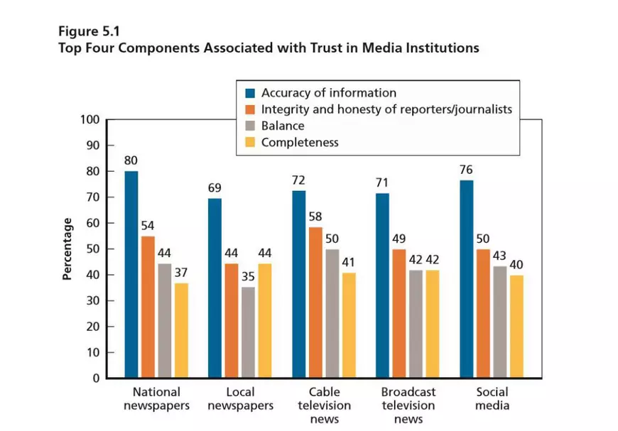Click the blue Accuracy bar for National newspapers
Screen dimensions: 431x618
131,274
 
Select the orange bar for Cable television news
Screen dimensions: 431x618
315,302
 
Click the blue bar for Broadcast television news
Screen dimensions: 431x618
383,285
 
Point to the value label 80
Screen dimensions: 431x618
131,160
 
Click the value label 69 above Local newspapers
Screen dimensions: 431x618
215,188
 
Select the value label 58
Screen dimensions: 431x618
315,217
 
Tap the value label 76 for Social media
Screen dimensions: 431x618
466,170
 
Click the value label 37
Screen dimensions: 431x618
182,273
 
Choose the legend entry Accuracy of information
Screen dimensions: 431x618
328,93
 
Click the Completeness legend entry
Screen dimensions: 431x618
299,142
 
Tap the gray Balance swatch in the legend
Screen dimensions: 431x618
250,126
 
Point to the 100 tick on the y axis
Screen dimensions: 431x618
90,119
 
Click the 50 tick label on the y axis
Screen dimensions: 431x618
93,249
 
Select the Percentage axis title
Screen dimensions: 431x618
67,249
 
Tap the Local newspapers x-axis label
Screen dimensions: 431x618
240,398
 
